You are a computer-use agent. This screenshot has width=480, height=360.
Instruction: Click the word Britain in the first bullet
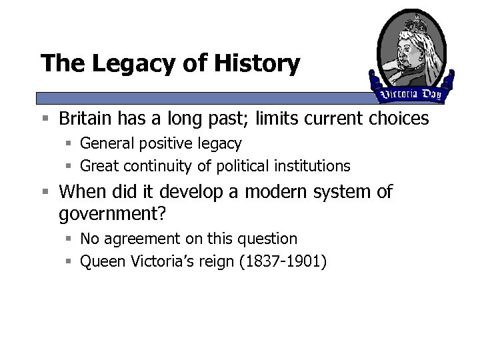click(85, 119)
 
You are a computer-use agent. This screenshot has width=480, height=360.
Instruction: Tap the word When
click(79, 192)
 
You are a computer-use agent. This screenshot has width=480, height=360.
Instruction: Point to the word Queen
click(99, 261)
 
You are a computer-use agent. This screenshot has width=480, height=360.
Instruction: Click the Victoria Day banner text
click(410, 94)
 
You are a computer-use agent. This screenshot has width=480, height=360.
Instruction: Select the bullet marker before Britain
click(44, 119)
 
